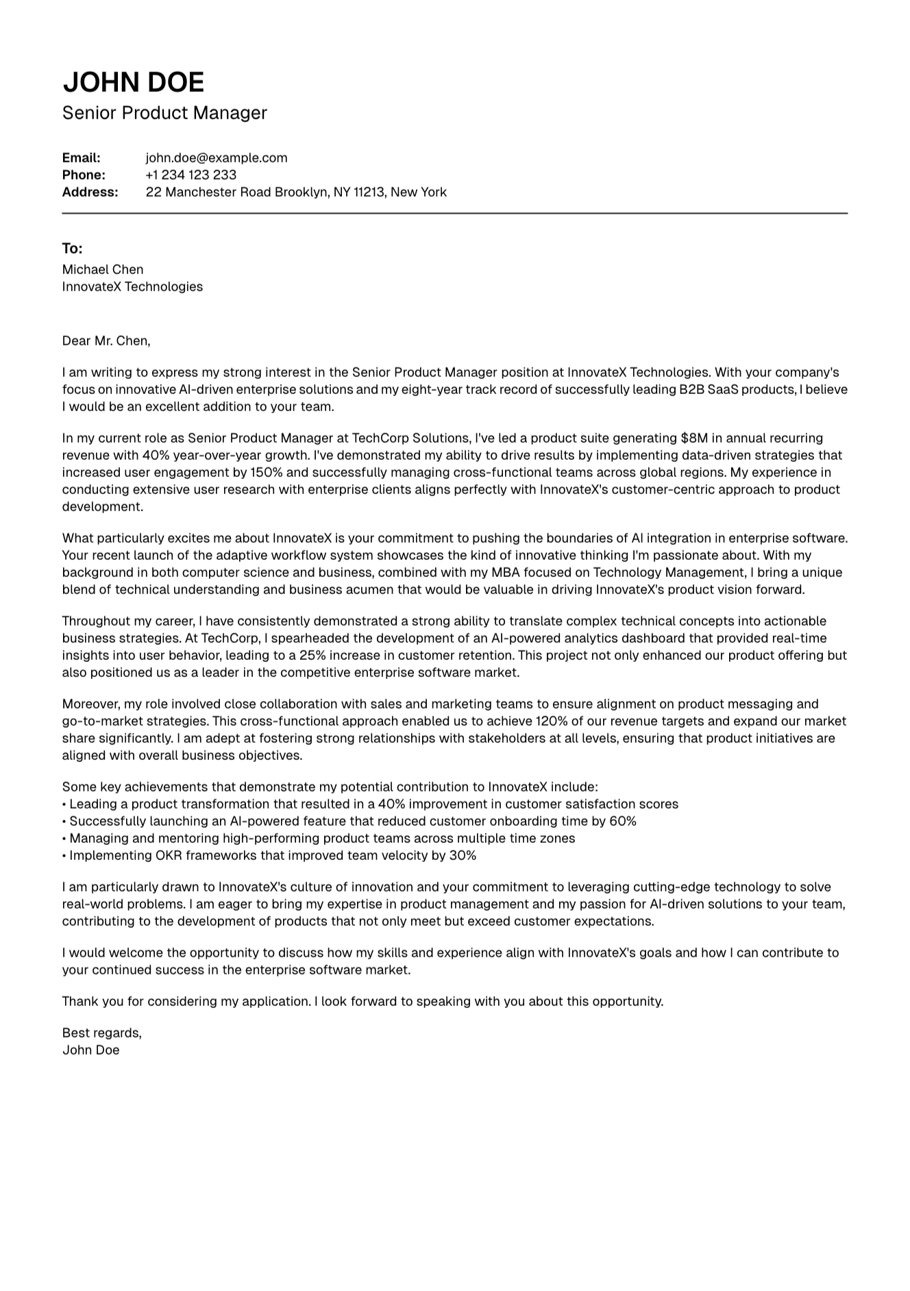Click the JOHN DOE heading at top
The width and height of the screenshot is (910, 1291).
(x=134, y=82)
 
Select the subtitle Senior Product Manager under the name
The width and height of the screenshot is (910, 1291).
(x=164, y=113)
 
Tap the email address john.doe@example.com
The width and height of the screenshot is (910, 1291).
(x=217, y=158)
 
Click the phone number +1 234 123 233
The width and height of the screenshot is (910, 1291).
(x=191, y=175)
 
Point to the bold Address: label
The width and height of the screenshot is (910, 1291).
(x=90, y=192)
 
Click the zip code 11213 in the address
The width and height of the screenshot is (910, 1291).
(x=369, y=192)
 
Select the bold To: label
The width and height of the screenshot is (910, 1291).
(x=72, y=248)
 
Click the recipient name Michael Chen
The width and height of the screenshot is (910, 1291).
(x=103, y=269)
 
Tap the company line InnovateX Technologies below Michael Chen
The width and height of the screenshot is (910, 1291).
(x=132, y=286)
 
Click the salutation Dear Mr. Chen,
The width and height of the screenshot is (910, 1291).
(x=106, y=341)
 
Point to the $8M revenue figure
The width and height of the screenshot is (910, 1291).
(x=694, y=438)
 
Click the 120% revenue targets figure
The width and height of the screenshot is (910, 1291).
(x=551, y=721)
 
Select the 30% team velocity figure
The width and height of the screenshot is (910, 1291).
(x=463, y=855)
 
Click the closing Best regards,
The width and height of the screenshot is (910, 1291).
(x=102, y=1033)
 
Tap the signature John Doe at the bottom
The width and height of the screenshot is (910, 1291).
(x=90, y=1050)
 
